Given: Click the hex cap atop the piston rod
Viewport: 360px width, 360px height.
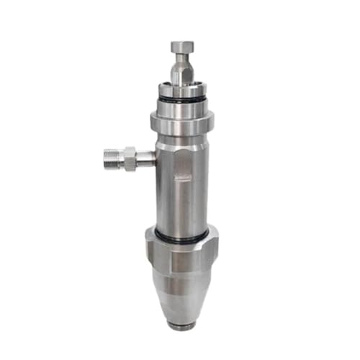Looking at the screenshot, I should pos(181,48).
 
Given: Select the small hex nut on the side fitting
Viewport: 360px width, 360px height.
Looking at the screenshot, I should pos(129,158).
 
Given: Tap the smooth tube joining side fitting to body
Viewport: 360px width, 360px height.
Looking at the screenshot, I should pos(145,158).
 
